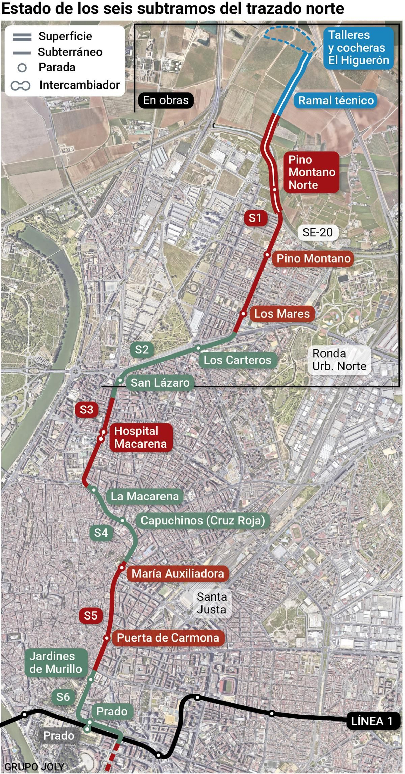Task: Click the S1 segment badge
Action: click(x=255, y=218)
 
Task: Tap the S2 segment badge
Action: click(x=142, y=350)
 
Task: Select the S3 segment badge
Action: click(x=87, y=410)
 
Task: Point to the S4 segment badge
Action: click(x=101, y=533)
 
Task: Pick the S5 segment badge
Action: click(x=91, y=615)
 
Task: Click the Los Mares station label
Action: click(x=282, y=314)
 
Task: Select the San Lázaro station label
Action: click(x=160, y=383)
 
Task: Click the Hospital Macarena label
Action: click(x=140, y=437)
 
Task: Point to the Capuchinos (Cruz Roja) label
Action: click(x=203, y=520)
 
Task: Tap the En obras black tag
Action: click(x=166, y=100)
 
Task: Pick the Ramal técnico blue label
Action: click(x=336, y=100)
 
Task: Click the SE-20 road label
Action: click(x=317, y=232)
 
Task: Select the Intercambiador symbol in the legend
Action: click(x=21, y=86)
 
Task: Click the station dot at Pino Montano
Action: click(x=267, y=254)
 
